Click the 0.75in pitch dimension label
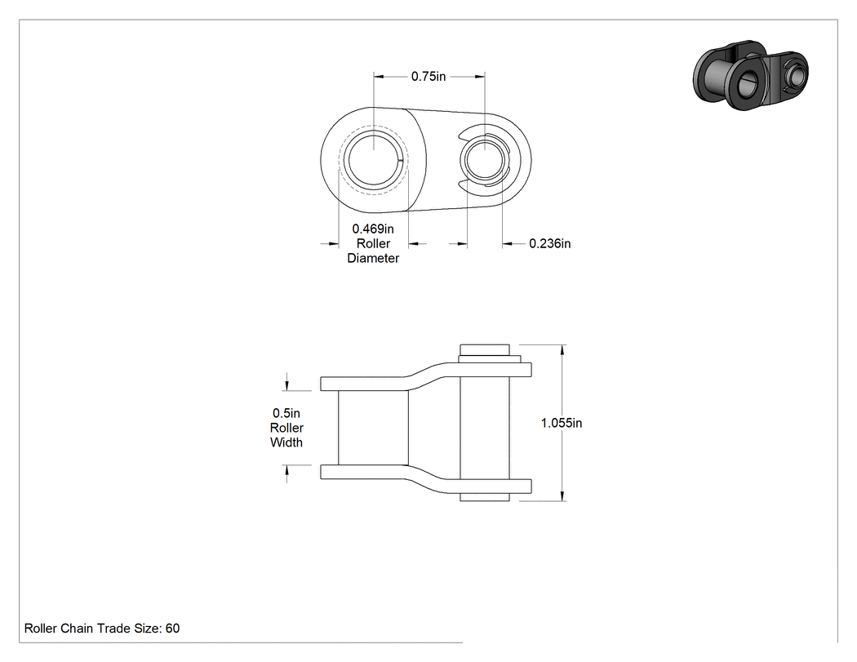click(428, 77)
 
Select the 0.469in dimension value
click(373, 229)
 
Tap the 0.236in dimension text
click(550, 243)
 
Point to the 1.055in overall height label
click(562, 423)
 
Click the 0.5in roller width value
click(286, 413)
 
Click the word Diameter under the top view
click(373, 258)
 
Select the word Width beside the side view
click(286, 442)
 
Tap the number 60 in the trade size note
click(172, 628)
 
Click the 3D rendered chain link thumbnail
click(750, 74)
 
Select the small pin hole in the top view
click(485, 160)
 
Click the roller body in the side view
click(373, 428)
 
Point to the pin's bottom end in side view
click(485, 497)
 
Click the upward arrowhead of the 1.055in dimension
click(562, 350)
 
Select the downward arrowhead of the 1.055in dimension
click(562, 495)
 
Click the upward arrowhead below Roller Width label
click(287, 471)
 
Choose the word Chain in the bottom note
click(77, 628)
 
